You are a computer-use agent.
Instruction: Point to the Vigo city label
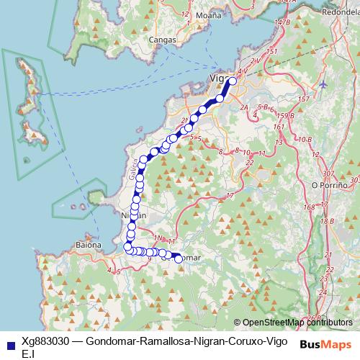point(218,77)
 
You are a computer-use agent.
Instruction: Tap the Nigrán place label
point(133,215)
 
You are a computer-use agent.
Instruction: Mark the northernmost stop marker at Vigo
point(233,81)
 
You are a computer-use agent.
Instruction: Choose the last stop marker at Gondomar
point(179,259)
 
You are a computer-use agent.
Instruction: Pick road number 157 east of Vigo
point(304,99)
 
